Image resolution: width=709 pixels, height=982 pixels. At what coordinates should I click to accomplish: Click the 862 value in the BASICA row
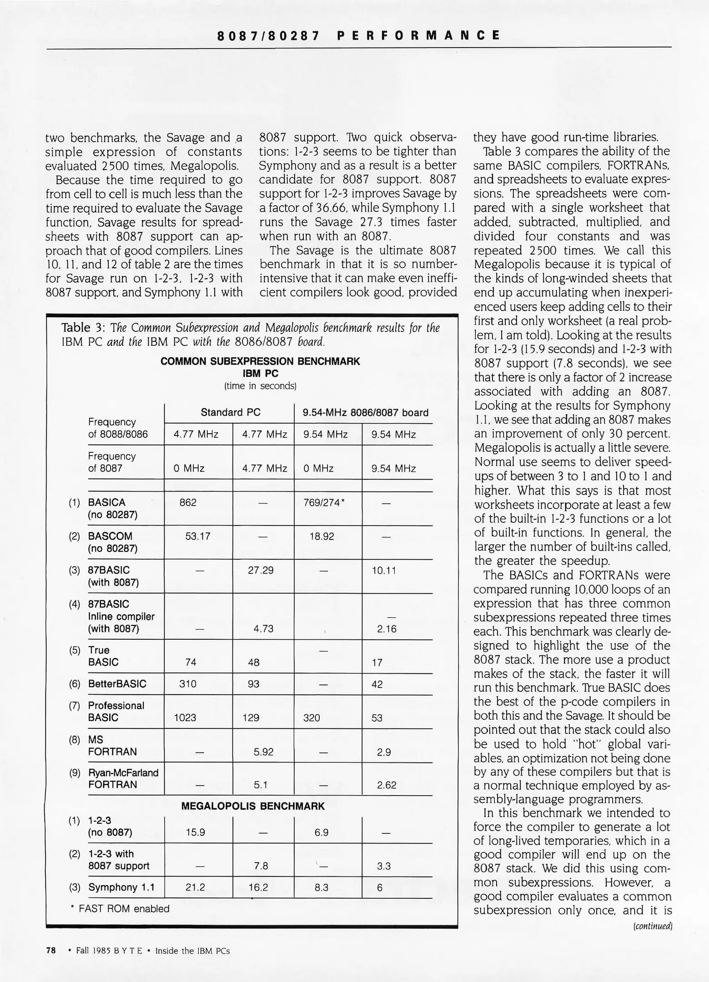(x=188, y=502)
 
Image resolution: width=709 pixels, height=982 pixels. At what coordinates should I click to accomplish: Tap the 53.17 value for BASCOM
(x=198, y=536)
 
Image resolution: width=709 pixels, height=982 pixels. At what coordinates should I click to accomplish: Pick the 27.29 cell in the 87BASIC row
(x=261, y=570)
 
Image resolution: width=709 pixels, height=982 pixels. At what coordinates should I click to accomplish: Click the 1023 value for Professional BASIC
(x=185, y=718)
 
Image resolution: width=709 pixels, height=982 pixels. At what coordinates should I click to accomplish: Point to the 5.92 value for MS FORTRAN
(x=263, y=752)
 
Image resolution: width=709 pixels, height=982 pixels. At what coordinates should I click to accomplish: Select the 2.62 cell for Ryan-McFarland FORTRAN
(x=387, y=785)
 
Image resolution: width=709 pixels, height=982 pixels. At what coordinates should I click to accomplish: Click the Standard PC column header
(x=231, y=412)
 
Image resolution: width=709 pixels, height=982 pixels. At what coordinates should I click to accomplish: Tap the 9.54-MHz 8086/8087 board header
(x=366, y=413)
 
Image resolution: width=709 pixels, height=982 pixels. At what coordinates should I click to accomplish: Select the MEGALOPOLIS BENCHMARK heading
(x=253, y=807)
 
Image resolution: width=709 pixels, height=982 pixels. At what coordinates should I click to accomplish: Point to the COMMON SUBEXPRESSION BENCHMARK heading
(x=260, y=361)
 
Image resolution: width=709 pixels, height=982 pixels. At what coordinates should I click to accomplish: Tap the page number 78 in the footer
(x=51, y=951)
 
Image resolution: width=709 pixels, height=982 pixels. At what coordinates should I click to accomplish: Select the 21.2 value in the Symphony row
(x=195, y=887)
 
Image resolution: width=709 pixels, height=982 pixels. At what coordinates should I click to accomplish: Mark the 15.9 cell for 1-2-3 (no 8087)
(x=195, y=832)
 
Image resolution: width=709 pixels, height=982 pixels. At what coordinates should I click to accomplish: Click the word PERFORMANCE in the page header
(x=419, y=35)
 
